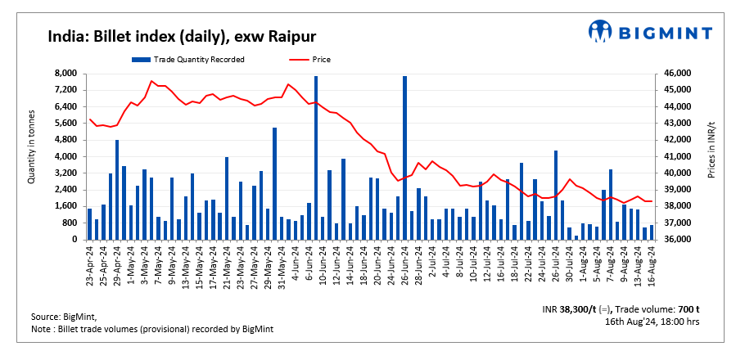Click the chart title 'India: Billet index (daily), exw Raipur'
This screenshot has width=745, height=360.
pyautogui.click(x=182, y=36)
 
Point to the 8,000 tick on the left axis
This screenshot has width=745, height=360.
pyautogui.click(x=65, y=74)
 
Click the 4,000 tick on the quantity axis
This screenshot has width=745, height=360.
pyautogui.click(x=65, y=156)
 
